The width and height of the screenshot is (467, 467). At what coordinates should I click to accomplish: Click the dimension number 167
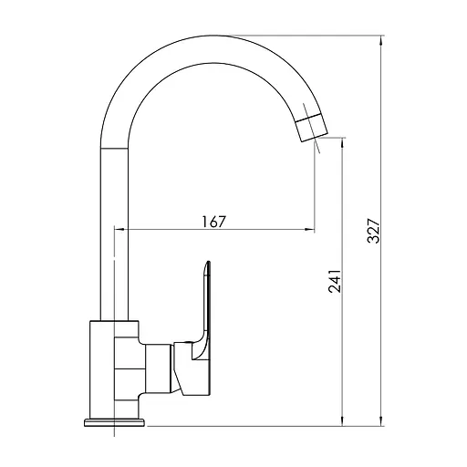214,222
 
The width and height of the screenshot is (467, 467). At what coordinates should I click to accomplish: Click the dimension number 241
335,281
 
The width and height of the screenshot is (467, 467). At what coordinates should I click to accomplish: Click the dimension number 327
374,231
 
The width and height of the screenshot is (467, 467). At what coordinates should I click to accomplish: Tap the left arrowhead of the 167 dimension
119,229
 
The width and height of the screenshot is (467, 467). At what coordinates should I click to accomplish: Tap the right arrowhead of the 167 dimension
309,229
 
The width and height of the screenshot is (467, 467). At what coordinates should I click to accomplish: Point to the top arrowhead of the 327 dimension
380,40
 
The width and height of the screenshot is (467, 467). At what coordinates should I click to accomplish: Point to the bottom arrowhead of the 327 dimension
380,421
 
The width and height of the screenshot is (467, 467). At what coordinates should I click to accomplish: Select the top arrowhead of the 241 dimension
343,142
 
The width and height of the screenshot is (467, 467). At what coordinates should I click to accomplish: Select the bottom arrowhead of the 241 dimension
343,421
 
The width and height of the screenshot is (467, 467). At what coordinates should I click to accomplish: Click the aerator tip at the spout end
312,129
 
